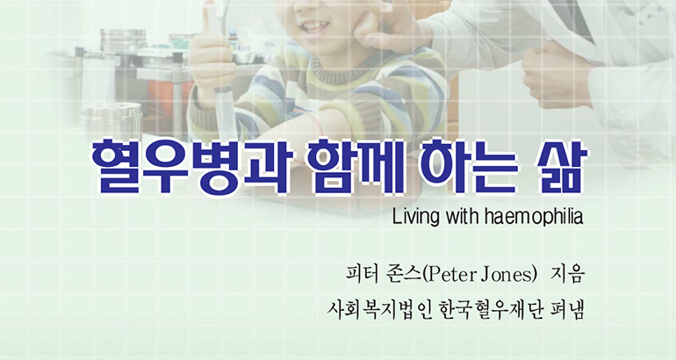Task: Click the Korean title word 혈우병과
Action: (191, 168)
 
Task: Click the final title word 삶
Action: (560, 168)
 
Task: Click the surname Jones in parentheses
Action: (507, 276)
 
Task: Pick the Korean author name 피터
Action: (362, 275)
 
